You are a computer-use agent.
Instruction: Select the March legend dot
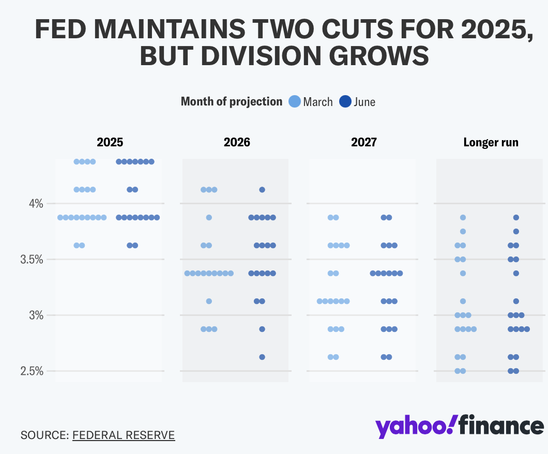(294, 101)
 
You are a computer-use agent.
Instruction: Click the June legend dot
(345, 101)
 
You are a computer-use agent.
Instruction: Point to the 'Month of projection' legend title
(231, 101)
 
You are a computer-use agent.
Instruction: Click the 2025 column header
(110, 142)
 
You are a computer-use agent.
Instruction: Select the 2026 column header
(237, 142)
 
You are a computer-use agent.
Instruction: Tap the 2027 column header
(363, 142)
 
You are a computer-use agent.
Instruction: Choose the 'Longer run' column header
(491, 142)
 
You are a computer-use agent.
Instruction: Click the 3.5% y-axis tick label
(33, 260)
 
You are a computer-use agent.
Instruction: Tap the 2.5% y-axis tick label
(33, 371)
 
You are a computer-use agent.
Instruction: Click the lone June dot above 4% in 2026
(262, 190)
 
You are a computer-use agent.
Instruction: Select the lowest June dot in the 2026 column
(262, 357)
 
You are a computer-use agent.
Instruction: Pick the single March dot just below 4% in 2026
(209, 218)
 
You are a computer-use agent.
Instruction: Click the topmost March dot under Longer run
(463, 218)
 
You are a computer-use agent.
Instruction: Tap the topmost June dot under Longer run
(516, 218)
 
